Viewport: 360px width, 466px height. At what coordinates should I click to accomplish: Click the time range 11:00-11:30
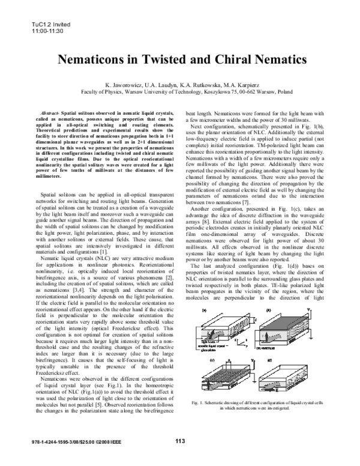pos(41,13)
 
